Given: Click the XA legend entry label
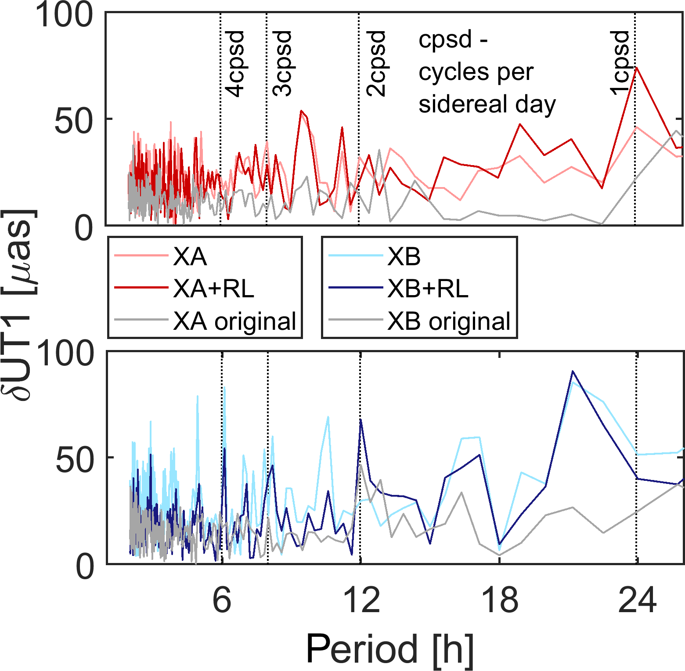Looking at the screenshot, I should pos(190,256).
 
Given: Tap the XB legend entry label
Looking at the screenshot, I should pos(404,256).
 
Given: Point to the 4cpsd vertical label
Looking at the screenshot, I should pos(234,64).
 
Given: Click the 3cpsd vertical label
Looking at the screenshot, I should pos(282,64).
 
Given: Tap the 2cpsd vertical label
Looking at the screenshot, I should pos(376,64).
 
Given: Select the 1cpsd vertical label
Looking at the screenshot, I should pos(620,62).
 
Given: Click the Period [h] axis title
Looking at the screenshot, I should pos(390,649).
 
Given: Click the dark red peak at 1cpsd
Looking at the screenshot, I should pos(636,68).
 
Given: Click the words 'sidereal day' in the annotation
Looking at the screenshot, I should pos(487,105).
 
